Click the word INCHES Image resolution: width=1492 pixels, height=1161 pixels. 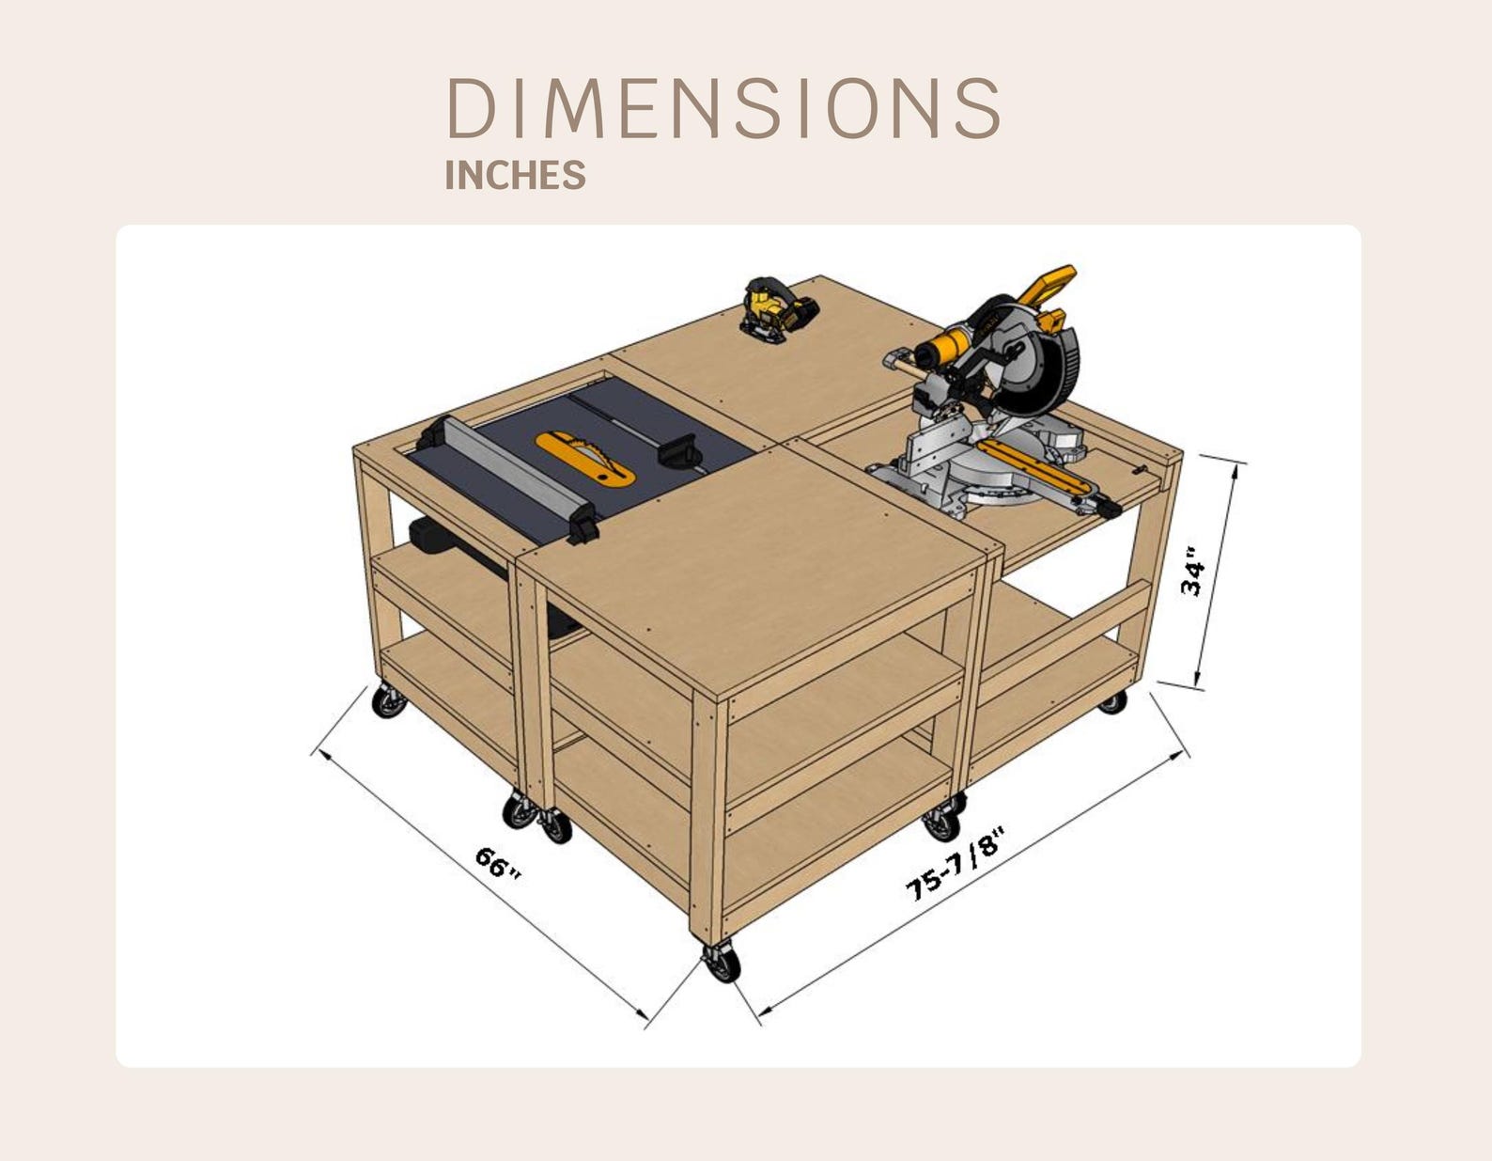pos(515,176)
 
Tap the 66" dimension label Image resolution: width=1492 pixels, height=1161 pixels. pos(497,863)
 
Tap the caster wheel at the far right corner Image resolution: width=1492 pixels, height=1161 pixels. pos(1112,700)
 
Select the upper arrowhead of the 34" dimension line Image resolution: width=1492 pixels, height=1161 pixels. pos(1234,468)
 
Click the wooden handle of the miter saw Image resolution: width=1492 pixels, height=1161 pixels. pos(899,364)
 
